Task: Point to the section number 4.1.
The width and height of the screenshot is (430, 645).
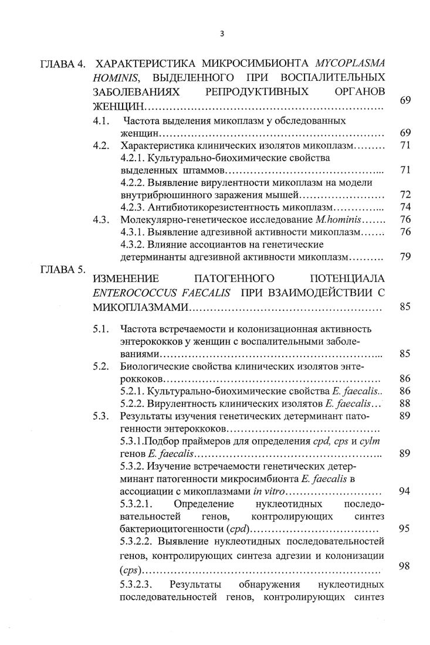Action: point(102,121)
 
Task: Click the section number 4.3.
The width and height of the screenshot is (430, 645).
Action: point(102,220)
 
